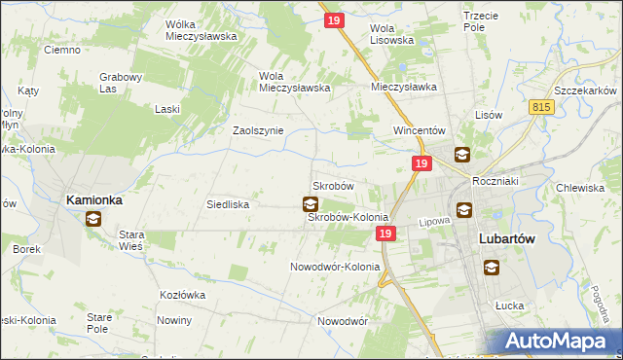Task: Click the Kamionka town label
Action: tap(94, 199)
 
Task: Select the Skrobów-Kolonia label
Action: tap(348, 217)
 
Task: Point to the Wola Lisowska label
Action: tap(393, 34)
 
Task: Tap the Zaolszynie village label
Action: tap(257, 130)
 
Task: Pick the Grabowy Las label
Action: tap(122, 83)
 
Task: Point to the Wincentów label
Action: tap(419, 130)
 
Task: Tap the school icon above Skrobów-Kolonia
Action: tap(310, 203)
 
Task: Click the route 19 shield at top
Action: tap(334, 20)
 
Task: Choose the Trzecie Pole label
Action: tap(488, 22)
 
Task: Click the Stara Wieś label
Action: tap(131, 240)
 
